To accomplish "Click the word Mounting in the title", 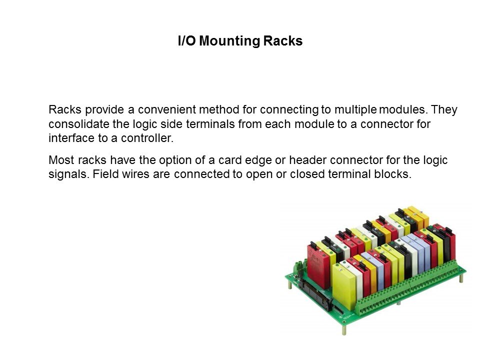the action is click(229, 41).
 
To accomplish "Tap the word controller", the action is click(147, 138).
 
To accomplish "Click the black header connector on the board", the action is click(315, 293).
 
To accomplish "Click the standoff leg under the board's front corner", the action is click(344, 330).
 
